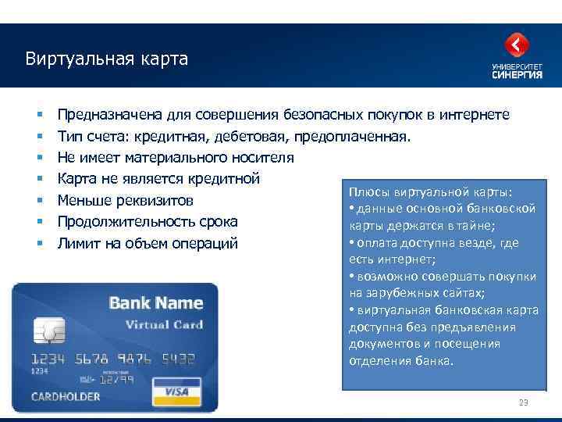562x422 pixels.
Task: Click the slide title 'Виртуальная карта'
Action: tap(106, 59)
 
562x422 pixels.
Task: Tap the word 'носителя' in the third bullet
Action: tap(263, 157)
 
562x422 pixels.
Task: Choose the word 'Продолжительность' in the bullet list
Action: tap(123, 221)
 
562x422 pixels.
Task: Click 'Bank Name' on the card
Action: tap(155, 303)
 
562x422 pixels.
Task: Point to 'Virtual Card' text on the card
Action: tap(164, 324)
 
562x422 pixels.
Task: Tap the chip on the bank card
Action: tap(52, 330)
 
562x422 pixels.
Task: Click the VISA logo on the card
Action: tap(176, 391)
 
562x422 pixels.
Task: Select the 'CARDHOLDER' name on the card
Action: tap(66, 396)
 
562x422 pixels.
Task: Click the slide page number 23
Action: tap(524, 402)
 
